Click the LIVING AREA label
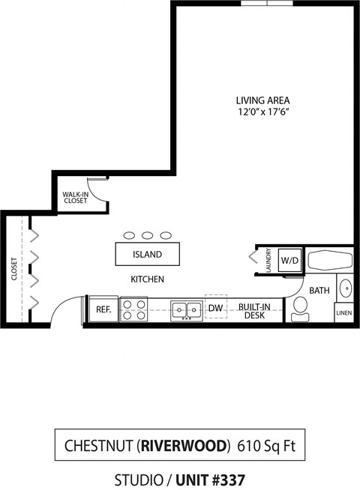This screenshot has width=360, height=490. coord(262,100)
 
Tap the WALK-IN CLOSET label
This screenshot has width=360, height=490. coord(75,197)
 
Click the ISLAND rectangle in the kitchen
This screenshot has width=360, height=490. coord(147,254)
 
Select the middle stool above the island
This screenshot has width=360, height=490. coord(147,235)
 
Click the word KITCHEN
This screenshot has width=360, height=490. coord(147,279)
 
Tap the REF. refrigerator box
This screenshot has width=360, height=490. coord(103,309)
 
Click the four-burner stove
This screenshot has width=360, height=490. coord(134,309)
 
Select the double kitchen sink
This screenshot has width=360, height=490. coord(185,309)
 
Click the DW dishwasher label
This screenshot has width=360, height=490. coord(215,308)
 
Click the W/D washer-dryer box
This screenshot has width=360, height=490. coord(289,261)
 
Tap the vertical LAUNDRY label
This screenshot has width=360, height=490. coord(268,261)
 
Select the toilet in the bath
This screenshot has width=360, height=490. coord(301,308)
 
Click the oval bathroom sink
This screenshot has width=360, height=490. coord(345,288)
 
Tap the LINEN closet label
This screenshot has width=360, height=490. coord(343,312)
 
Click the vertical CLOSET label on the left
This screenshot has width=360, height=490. coord(14,269)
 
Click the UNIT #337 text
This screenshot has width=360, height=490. coord(210,479)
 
